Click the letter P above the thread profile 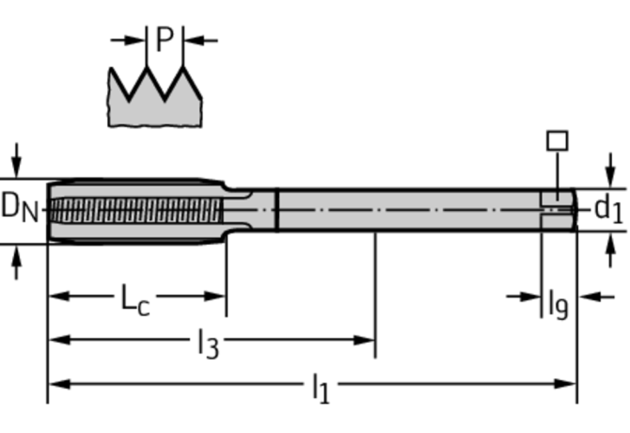[x=165, y=40]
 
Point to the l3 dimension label [x=208, y=345]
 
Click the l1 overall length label [x=320, y=387]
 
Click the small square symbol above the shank [x=557, y=141]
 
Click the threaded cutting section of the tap [x=136, y=209]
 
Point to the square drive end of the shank [x=559, y=209]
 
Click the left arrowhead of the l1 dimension [x=55, y=383]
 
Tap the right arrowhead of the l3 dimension [x=368, y=340]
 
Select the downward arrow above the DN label [x=16, y=161]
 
